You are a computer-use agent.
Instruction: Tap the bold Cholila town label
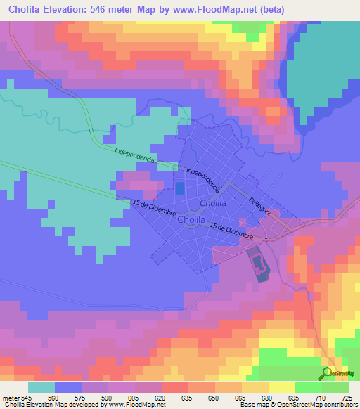click(x=192, y=220)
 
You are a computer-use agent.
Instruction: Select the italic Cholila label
click(x=212, y=203)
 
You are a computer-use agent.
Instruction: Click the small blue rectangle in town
click(x=179, y=188)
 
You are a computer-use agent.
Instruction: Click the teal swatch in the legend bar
click(x=41, y=387)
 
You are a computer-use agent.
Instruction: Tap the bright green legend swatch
click(x=309, y=387)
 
